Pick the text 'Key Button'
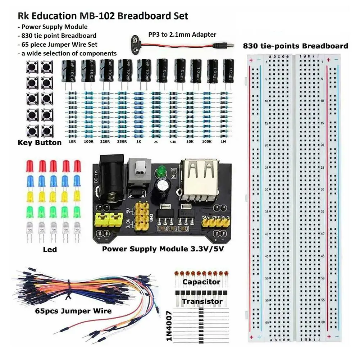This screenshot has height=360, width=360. click(x=40, y=143)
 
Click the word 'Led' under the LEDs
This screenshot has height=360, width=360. click(x=52, y=249)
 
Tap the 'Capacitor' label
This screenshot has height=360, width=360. click(x=201, y=282)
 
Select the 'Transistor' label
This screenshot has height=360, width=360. click(x=202, y=301)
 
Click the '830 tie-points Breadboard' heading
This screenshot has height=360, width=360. click(x=295, y=46)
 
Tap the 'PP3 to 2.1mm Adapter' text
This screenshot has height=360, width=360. click(x=182, y=35)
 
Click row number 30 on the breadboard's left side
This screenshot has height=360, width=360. click(x=266, y=189)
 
